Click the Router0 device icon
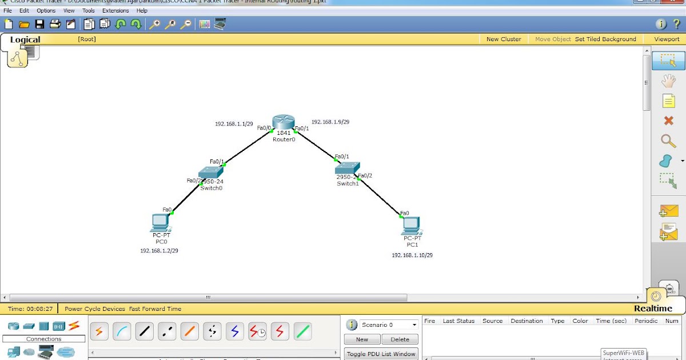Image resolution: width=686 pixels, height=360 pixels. [283, 122]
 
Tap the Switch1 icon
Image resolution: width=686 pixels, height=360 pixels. [347, 167]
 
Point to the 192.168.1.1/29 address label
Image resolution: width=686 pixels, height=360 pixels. [234, 123]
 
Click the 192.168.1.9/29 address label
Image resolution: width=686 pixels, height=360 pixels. [330, 122]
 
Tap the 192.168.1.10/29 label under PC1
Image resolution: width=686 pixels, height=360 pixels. [412, 255]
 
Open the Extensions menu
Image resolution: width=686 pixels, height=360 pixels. [115, 10]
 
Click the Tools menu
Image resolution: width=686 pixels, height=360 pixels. [88, 10]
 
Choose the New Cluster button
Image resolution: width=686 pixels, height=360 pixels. [503, 39]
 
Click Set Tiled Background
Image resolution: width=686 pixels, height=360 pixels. [605, 39]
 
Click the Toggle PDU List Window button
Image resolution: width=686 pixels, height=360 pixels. [381, 354]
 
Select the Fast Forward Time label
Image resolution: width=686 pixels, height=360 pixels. [155, 309]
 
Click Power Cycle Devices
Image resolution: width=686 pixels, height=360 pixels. [94, 309]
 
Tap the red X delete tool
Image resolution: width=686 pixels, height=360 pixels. [668, 121]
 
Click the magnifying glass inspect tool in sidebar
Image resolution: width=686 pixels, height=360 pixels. [668, 141]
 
